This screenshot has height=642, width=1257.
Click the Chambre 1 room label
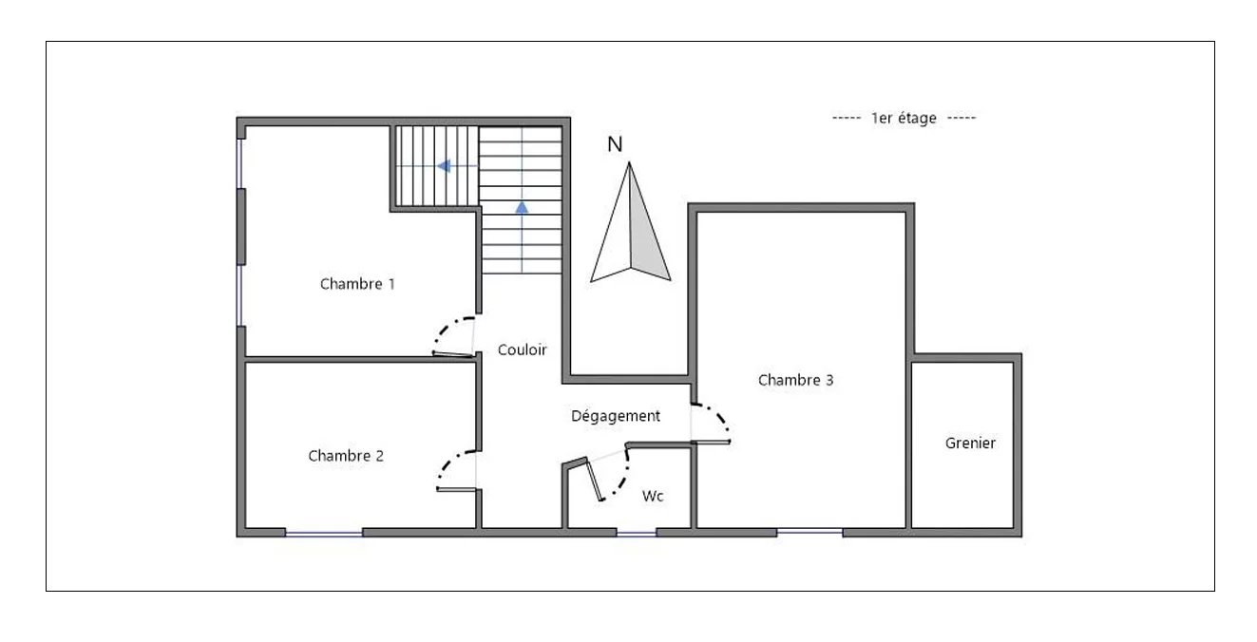coord(357,284)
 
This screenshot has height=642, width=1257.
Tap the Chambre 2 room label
coord(346,455)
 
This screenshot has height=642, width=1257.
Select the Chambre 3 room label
coord(796,380)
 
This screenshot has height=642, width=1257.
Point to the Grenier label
coord(970,443)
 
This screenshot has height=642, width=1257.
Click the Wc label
coord(653,496)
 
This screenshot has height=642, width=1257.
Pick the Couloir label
coord(522,349)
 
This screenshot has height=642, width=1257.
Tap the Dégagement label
coord(616,416)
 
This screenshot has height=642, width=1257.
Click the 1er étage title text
coord(904,118)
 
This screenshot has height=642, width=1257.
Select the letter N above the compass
coord(615,144)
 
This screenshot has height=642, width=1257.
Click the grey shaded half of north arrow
coord(644,236)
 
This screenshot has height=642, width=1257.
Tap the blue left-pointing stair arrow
coord(444,166)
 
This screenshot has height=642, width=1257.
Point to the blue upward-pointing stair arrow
coord(522,208)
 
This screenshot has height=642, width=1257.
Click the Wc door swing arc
coord(621,483)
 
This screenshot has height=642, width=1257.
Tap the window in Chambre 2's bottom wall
coord(324,533)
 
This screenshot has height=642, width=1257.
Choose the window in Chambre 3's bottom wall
coord(809,532)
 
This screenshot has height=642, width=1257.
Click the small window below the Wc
coord(637,533)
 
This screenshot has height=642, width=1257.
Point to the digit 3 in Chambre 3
coord(829,380)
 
